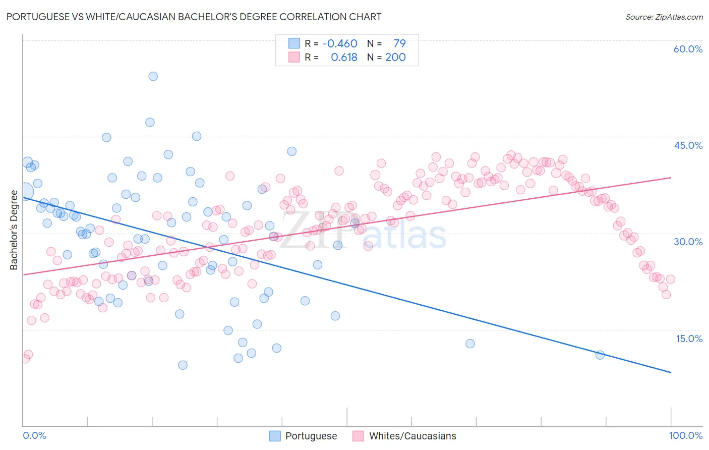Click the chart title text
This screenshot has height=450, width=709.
(194, 17)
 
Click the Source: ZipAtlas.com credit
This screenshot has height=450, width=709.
(664, 17)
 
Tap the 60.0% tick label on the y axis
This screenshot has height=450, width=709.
(688, 49)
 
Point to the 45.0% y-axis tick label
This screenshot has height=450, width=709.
(688, 145)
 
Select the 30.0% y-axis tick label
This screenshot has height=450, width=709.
(688, 242)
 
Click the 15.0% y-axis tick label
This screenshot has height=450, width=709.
(689, 339)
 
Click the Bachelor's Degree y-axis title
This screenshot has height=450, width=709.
(14, 230)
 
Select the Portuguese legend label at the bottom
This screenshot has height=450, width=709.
(311, 436)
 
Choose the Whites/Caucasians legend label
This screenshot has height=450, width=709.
(412, 436)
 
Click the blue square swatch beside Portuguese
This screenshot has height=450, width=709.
(275, 436)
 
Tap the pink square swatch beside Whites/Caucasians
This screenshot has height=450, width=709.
(359, 436)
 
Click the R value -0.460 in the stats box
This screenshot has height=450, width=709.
(340, 44)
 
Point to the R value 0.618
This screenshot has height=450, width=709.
(344, 58)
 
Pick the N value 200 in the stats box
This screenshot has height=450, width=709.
(395, 58)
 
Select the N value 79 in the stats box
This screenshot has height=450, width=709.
(399, 44)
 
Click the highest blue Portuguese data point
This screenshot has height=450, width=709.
(153, 76)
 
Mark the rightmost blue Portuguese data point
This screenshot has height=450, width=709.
(600, 355)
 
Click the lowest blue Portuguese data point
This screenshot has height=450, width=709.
(183, 365)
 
